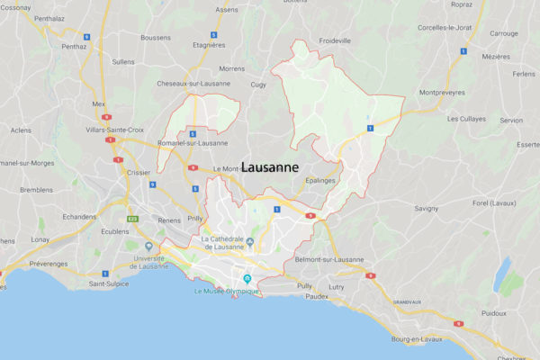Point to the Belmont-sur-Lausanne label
point(329,259)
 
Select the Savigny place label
point(427,208)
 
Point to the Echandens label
point(79,216)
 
